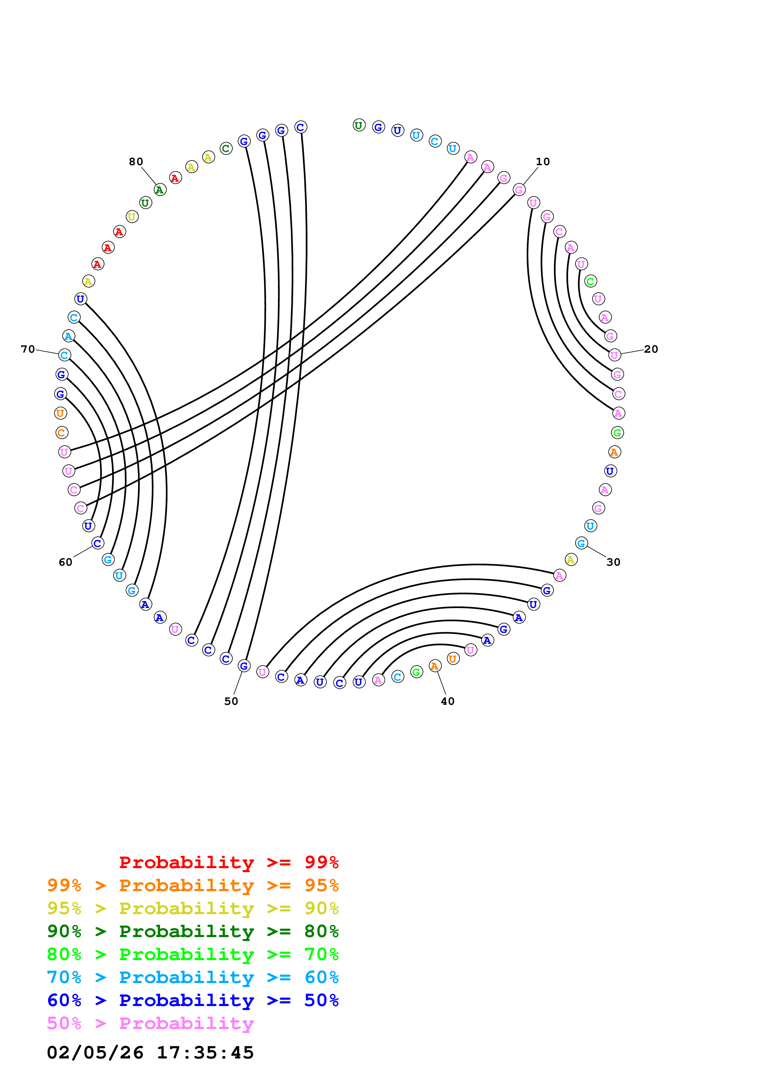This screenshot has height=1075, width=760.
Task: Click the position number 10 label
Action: pyautogui.click(x=543, y=161)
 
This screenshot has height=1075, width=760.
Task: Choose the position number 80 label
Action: pyautogui.click(x=136, y=161)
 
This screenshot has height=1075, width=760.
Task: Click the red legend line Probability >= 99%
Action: pyautogui.click(x=228, y=862)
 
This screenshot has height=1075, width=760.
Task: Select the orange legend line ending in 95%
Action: pyautogui.click(x=193, y=885)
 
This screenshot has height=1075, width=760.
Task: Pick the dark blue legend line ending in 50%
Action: pyautogui.click(x=193, y=1000)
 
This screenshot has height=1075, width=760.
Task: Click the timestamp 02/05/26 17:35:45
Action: pyautogui.click(x=150, y=1053)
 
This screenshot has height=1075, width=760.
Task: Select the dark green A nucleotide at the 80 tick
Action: pyautogui.click(x=160, y=190)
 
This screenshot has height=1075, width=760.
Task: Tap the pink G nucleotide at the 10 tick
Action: pyautogui.click(x=519, y=190)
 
